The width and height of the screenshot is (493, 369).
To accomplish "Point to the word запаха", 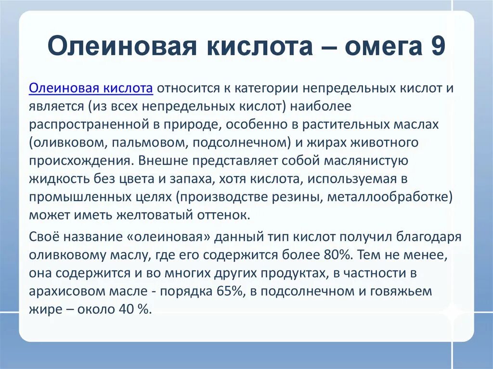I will (x=189, y=178).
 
